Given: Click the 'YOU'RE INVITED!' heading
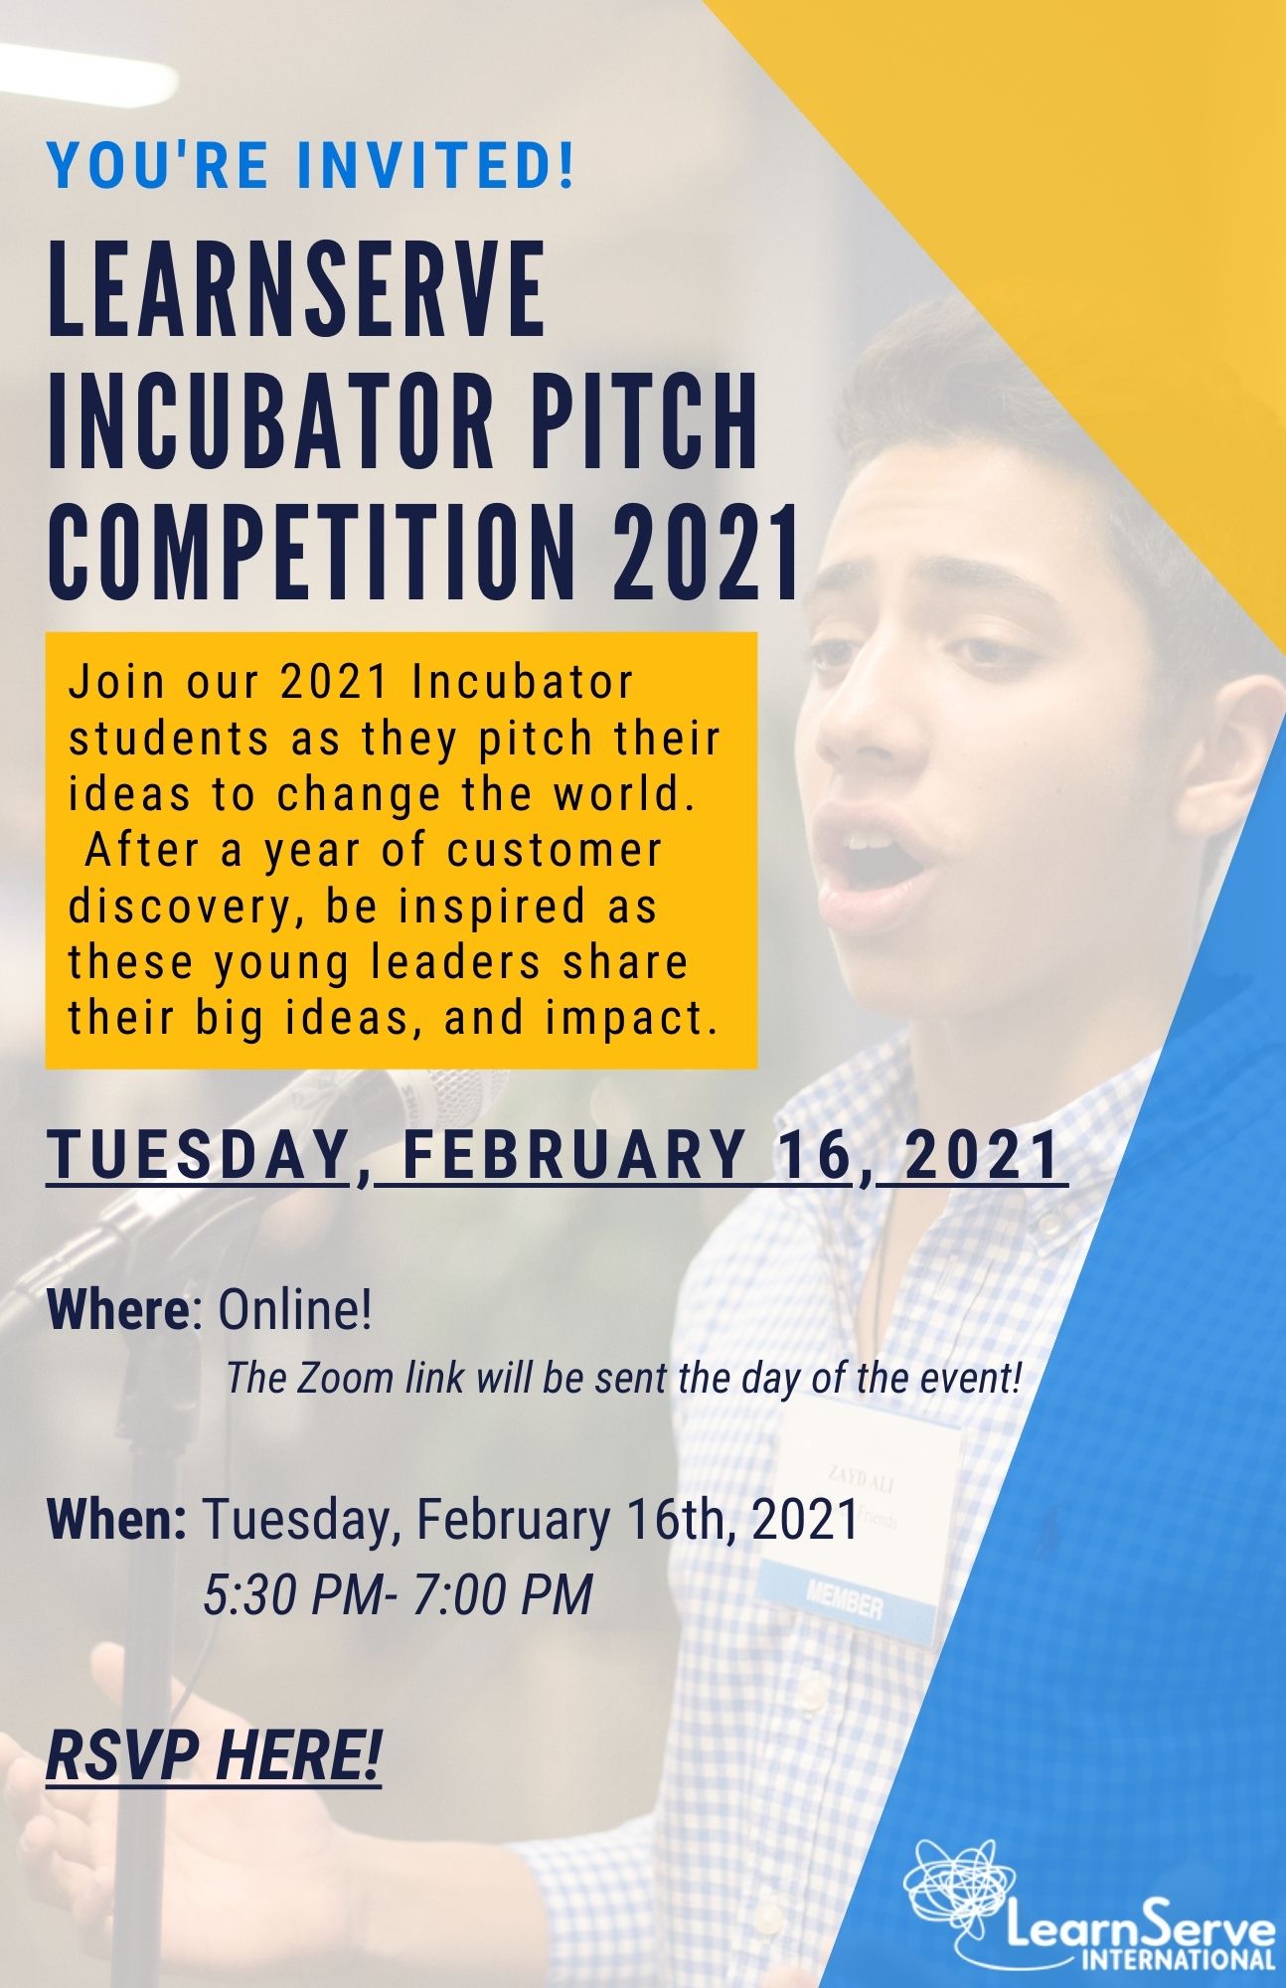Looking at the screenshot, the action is click(x=311, y=166).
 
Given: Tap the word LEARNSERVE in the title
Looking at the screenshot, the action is click(x=297, y=289).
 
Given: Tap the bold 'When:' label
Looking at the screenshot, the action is click(x=117, y=1519).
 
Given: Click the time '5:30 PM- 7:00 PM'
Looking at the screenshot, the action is click(x=398, y=1594).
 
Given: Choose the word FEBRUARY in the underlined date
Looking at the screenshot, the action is click(x=560, y=1155).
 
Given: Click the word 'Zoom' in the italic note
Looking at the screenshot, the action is click(x=318, y=1378).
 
